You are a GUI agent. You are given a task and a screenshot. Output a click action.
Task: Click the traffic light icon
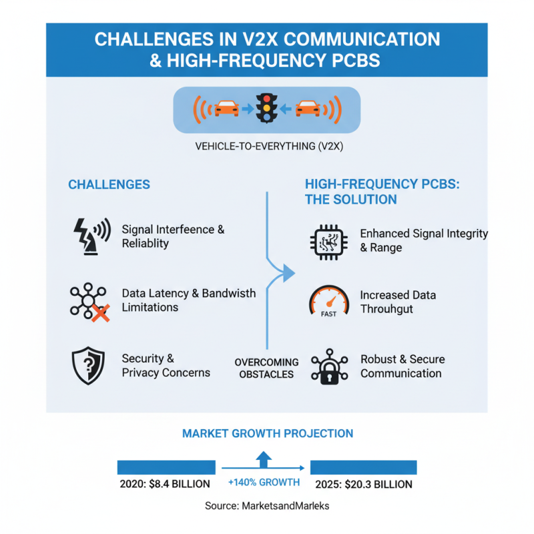click(x=266, y=108)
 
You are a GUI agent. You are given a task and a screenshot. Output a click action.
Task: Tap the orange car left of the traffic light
click(x=226, y=109)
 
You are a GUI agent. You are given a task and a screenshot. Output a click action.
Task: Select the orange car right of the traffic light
click(x=308, y=109)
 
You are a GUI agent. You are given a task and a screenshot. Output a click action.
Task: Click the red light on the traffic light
click(x=266, y=99)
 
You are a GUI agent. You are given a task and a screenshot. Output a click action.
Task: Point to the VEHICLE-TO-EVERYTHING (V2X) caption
click(x=269, y=146)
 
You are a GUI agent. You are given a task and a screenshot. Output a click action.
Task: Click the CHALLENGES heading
click(x=109, y=185)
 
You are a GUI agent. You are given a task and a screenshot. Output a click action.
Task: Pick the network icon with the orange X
click(x=90, y=302)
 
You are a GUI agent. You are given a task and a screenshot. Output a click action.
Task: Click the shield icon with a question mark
click(x=88, y=366)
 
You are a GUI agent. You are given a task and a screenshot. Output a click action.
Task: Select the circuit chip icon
click(x=329, y=242)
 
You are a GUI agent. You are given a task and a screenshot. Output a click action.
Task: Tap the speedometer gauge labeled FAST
click(x=329, y=302)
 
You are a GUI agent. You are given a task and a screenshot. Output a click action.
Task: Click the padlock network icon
click(x=329, y=366)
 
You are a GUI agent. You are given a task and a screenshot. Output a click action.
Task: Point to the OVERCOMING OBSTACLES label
click(x=266, y=368)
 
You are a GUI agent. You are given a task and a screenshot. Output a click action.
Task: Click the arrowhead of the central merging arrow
click(x=289, y=273)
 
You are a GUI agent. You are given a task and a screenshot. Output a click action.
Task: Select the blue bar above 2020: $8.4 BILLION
click(x=166, y=467)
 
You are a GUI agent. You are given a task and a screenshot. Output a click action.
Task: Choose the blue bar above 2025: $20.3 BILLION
click(x=363, y=467)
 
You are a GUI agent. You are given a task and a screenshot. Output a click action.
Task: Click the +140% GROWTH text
click(x=264, y=482)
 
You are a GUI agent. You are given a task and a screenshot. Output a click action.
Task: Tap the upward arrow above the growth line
click(x=264, y=459)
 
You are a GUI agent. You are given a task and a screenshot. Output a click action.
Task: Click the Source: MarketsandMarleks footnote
click(x=267, y=506)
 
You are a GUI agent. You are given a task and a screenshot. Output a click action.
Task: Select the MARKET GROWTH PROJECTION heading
click(x=268, y=433)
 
